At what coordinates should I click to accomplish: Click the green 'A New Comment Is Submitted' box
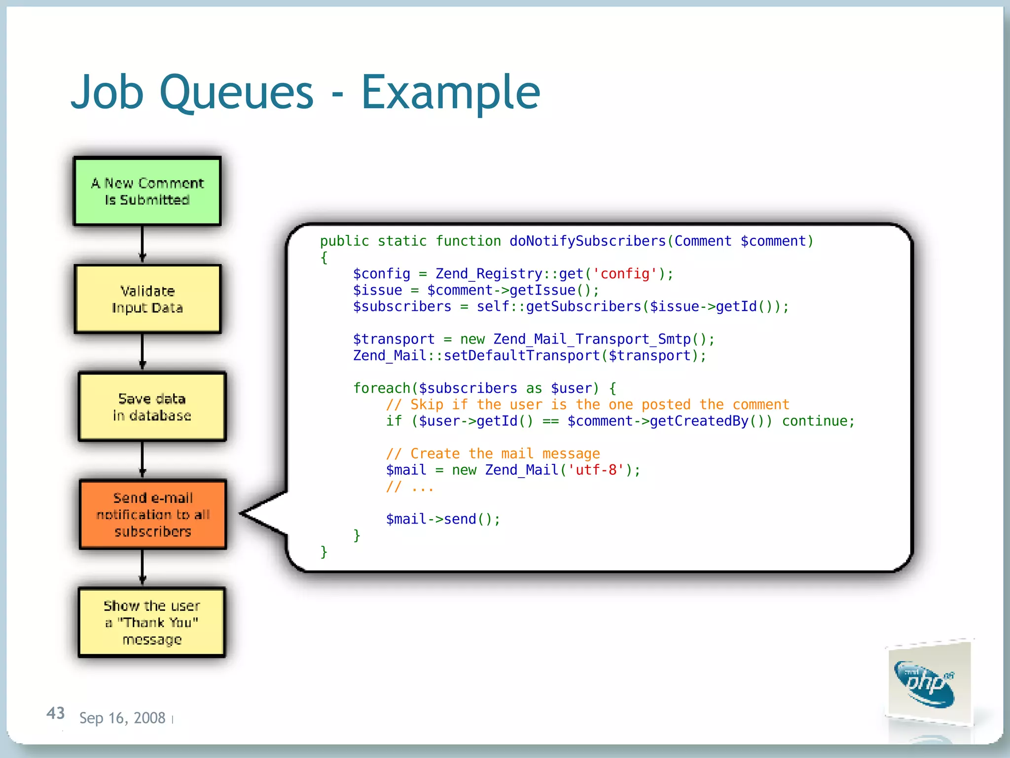147,191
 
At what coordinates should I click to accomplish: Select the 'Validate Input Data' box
147,299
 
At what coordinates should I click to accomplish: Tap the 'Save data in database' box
152,407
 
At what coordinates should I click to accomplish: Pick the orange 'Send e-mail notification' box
153,514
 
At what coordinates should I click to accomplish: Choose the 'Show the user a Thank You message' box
152,622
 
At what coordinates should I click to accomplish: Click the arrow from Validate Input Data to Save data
143,352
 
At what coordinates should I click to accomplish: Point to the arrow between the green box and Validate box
143,245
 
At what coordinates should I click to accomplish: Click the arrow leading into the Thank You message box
143,568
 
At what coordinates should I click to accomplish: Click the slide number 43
56,713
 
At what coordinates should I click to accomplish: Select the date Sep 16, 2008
122,718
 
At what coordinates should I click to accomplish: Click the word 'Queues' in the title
236,92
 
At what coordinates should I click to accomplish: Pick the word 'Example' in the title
451,92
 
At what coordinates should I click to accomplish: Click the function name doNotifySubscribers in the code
587,241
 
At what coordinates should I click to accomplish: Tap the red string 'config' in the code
625,273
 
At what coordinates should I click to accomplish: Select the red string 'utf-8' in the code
596,470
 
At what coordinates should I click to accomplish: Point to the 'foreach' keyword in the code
382,388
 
